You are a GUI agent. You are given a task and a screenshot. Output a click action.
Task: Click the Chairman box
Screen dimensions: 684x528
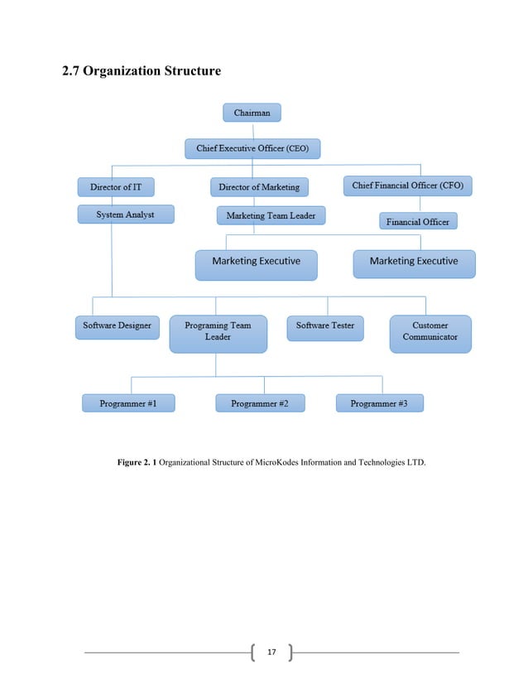[252, 113]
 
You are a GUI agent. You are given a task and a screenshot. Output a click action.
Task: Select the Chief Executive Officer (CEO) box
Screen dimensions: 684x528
[252, 149]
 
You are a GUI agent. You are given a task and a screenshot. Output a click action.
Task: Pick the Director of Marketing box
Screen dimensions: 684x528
[259, 187]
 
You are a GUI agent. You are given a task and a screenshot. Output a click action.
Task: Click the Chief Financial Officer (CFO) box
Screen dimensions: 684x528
[407, 185]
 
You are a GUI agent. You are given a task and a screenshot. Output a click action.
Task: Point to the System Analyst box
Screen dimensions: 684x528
[126, 214]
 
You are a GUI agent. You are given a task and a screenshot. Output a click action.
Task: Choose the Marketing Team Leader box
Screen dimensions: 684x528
[271, 215]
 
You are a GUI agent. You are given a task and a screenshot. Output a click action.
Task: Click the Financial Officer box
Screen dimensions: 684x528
[418, 222]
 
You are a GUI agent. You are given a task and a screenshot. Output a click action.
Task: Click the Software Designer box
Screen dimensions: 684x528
[117, 326]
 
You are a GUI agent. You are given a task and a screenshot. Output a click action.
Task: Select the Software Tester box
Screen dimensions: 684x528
[325, 326]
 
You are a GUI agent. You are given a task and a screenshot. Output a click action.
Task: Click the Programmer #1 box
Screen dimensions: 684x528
[127, 403]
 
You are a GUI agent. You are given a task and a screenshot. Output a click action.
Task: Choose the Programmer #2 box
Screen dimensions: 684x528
[259, 403]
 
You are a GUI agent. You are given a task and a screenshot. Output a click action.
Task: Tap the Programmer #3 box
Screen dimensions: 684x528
[379, 403]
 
